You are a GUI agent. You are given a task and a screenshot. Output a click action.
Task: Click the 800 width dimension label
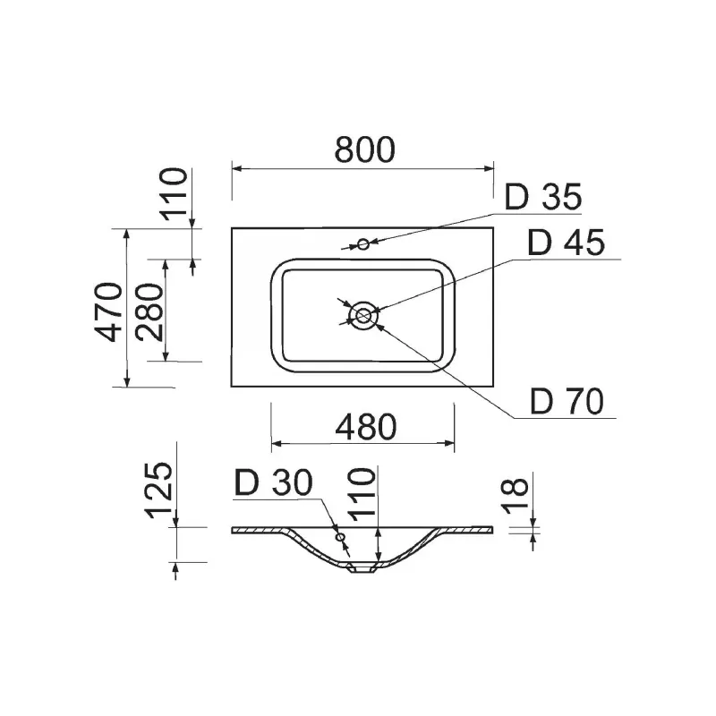click(x=364, y=149)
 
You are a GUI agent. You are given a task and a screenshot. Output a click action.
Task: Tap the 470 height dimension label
click(x=109, y=311)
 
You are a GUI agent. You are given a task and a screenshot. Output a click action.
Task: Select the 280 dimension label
click(x=149, y=312)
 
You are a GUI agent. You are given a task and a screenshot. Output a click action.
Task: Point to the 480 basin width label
click(x=366, y=427)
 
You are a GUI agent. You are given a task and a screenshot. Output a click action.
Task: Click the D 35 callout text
click(x=543, y=197)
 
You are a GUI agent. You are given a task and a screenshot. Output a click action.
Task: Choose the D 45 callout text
click(x=567, y=243)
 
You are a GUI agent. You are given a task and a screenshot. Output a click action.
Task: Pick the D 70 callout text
click(x=567, y=401)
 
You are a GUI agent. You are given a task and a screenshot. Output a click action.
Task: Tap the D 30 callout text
click(x=273, y=482)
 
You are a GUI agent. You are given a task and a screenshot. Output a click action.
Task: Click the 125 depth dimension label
click(x=159, y=490)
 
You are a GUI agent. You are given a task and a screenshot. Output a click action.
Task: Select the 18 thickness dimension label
click(x=515, y=495)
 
